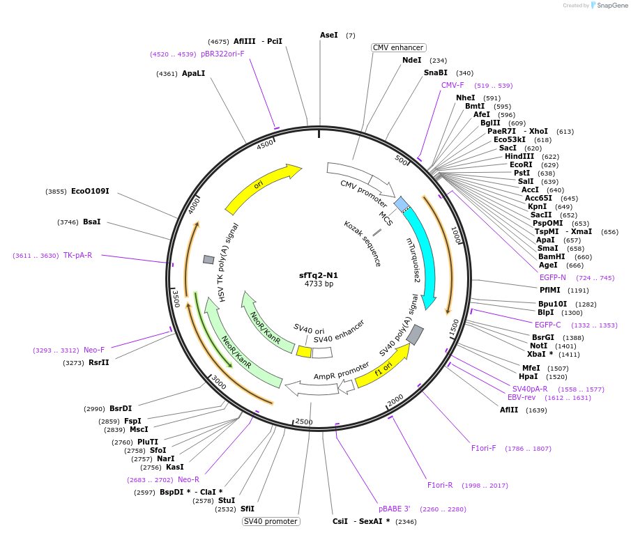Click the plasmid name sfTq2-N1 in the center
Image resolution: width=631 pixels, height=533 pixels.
319,275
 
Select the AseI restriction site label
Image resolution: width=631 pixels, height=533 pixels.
328,35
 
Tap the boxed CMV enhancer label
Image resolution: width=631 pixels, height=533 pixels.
398,47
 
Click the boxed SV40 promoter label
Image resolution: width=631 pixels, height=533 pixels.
271,521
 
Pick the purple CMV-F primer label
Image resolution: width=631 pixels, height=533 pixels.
453,85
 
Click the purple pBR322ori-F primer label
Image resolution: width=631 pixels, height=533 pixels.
222,54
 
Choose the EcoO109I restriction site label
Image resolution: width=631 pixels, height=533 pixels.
90,191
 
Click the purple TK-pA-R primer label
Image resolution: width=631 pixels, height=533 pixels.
77,255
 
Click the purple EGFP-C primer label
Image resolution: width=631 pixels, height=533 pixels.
547,325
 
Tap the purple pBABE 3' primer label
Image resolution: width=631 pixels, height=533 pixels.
395,509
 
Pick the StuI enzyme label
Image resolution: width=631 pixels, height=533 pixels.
227,500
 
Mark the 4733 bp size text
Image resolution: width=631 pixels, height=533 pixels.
319,284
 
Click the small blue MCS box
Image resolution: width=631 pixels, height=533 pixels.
402,203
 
